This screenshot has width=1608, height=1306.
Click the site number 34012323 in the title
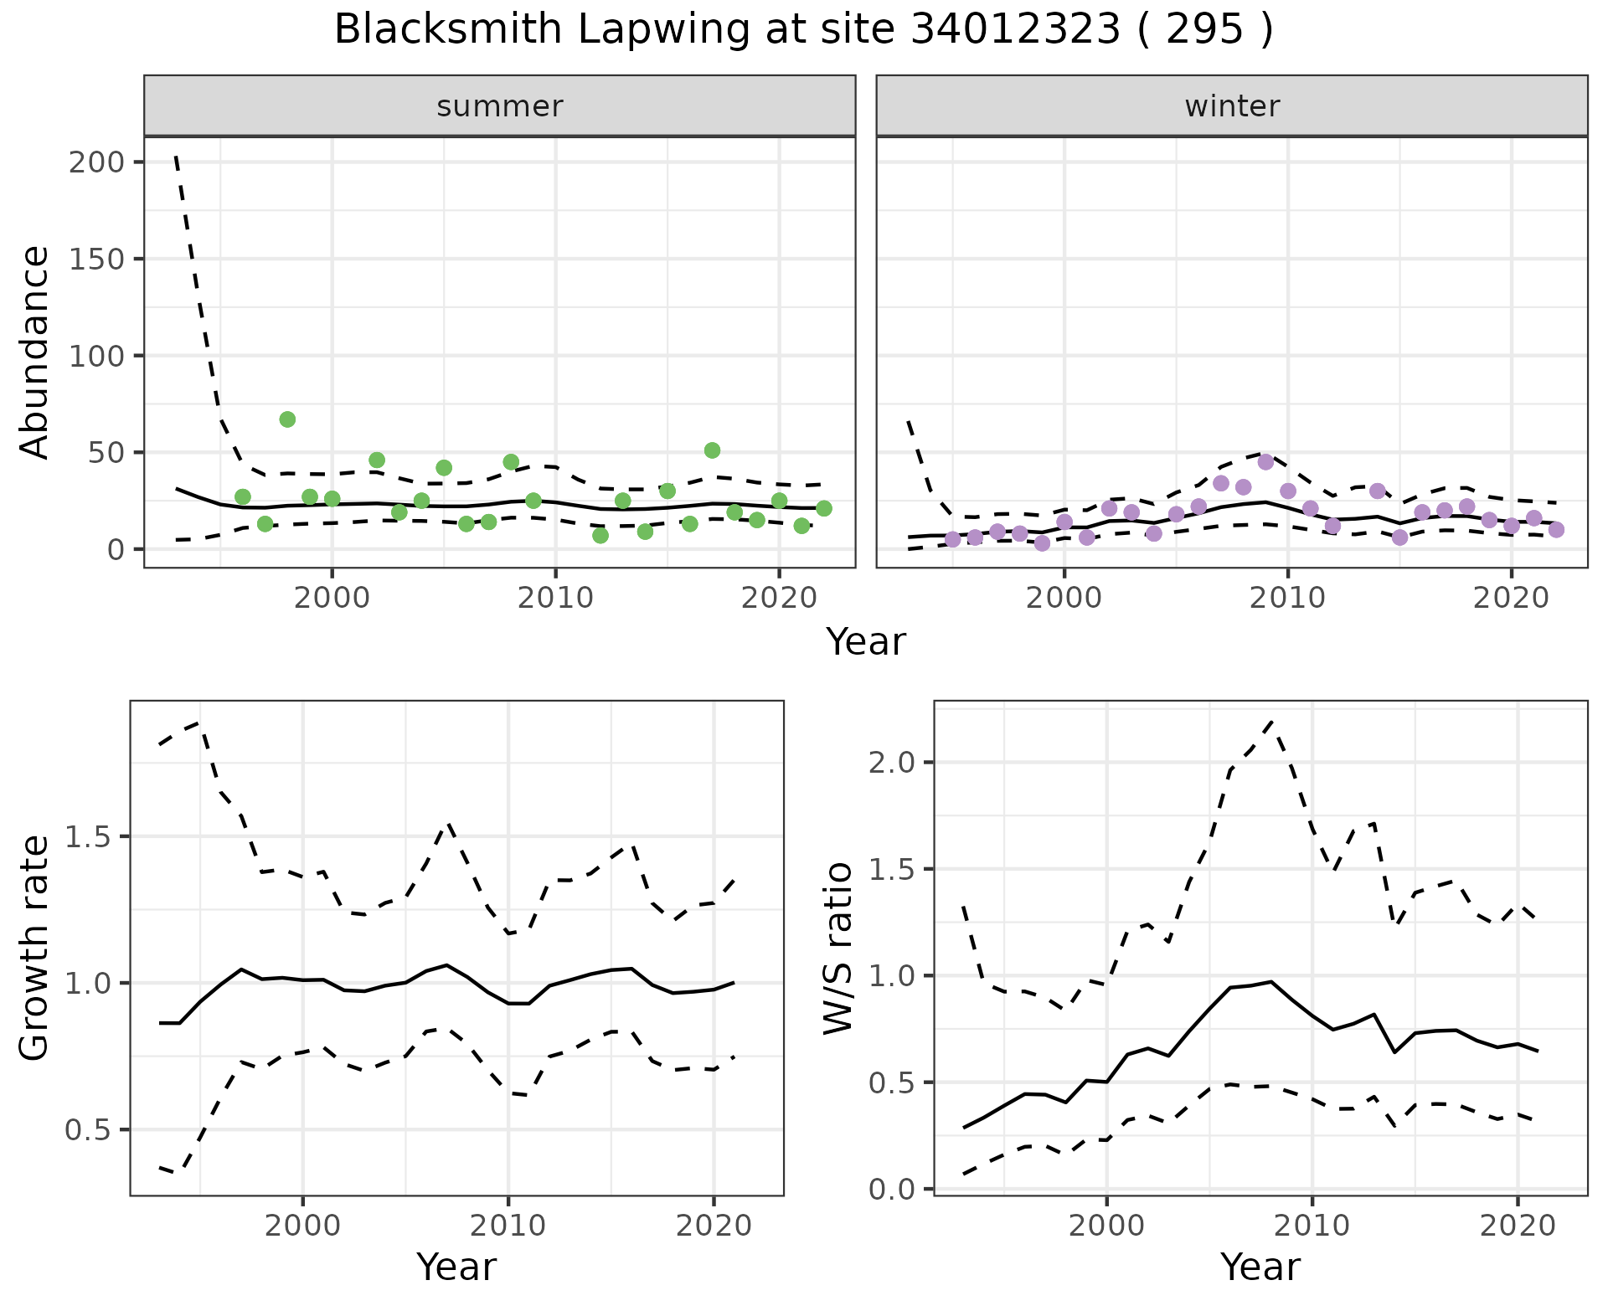(1015, 30)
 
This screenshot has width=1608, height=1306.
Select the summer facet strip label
(500, 106)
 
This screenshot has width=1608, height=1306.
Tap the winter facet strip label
(1232, 106)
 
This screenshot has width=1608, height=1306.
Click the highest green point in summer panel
(287, 419)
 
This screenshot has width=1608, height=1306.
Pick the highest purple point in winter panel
(1265, 462)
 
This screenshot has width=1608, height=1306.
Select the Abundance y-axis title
(35, 352)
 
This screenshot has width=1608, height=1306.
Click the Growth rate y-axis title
(35, 948)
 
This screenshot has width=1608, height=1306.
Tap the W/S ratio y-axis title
(838, 948)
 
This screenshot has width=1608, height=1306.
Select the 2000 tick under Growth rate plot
(302, 1226)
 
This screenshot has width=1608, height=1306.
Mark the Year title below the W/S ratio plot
(1260, 1267)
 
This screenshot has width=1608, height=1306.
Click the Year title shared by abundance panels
(866, 642)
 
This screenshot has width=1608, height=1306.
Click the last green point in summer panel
(823, 508)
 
